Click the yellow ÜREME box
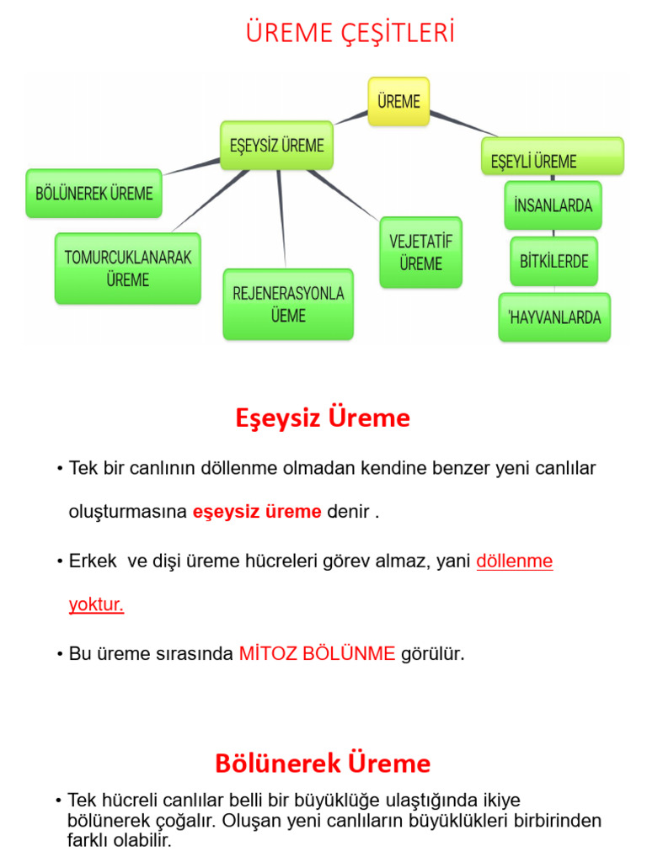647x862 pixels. click(x=398, y=101)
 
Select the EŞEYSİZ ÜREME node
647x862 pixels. click(x=276, y=145)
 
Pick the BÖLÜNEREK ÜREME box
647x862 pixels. click(x=94, y=194)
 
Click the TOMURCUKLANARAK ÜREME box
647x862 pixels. click(x=128, y=269)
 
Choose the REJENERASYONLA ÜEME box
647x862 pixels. click(x=288, y=305)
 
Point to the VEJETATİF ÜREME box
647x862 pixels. click(x=420, y=253)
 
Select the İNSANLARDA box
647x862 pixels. click(x=553, y=205)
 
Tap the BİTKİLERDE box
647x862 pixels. click(x=553, y=261)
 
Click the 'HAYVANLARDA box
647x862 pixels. click(x=554, y=317)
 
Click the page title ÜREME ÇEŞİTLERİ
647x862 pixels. click(x=350, y=33)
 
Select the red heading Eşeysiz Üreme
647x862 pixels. click(x=323, y=418)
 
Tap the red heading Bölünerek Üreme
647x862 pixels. click(x=323, y=764)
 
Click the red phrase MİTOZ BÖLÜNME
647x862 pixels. click(x=317, y=653)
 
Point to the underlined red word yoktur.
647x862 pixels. click(x=96, y=605)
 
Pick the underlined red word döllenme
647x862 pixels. click(x=514, y=561)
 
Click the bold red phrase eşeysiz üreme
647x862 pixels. click(x=257, y=512)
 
